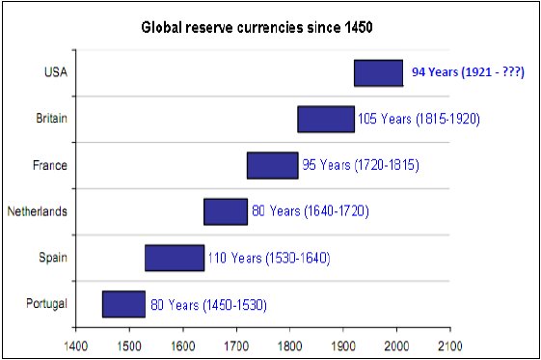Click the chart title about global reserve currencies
click(257, 27)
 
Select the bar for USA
click(378, 72)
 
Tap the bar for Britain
click(326, 119)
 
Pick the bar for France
click(273, 165)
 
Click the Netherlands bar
click(226, 211)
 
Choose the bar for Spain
click(175, 258)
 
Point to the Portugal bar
click(123, 304)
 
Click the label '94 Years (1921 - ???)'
click(469, 72)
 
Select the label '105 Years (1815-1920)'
click(419, 119)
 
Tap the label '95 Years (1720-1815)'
click(361, 165)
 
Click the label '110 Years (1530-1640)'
click(269, 258)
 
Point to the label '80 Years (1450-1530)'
click(208, 305)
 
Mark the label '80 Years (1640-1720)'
click(311, 211)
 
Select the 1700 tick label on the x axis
click(236, 346)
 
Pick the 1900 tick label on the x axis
click(343, 346)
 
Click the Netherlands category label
click(38, 211)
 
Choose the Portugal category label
click(46, 304)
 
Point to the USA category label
click(56, 72)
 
